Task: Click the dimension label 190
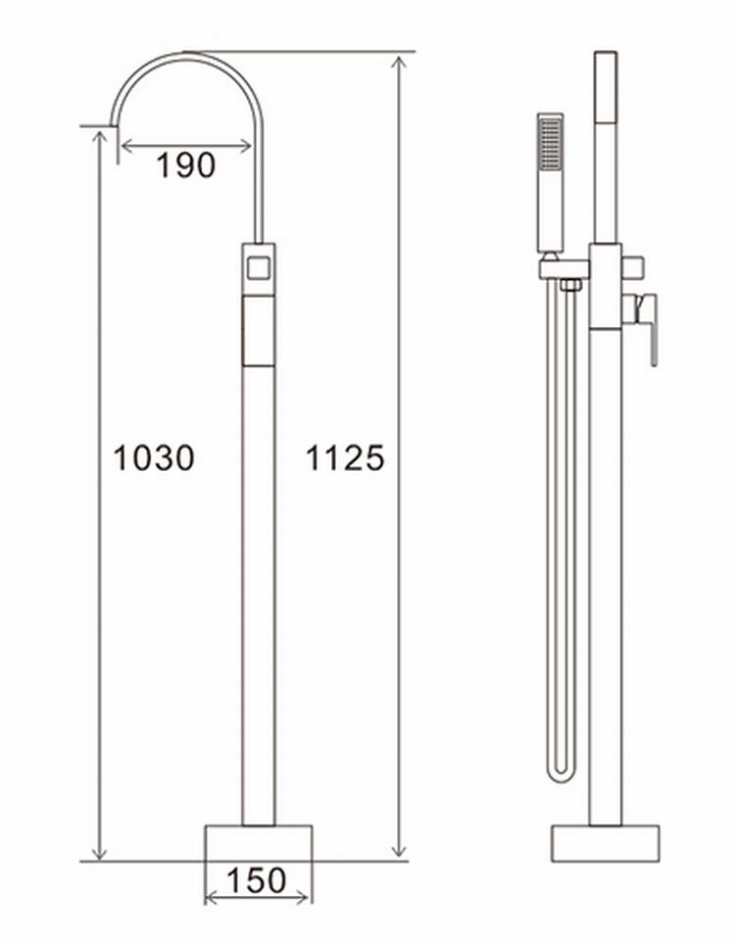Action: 185,165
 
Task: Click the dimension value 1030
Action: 154,457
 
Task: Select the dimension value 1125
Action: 345,457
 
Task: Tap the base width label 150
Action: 257,880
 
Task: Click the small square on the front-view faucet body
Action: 259,266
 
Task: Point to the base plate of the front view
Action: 259,843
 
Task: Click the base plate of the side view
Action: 606,844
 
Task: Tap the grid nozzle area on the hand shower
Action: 550,142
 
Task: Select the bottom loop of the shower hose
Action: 562,774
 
